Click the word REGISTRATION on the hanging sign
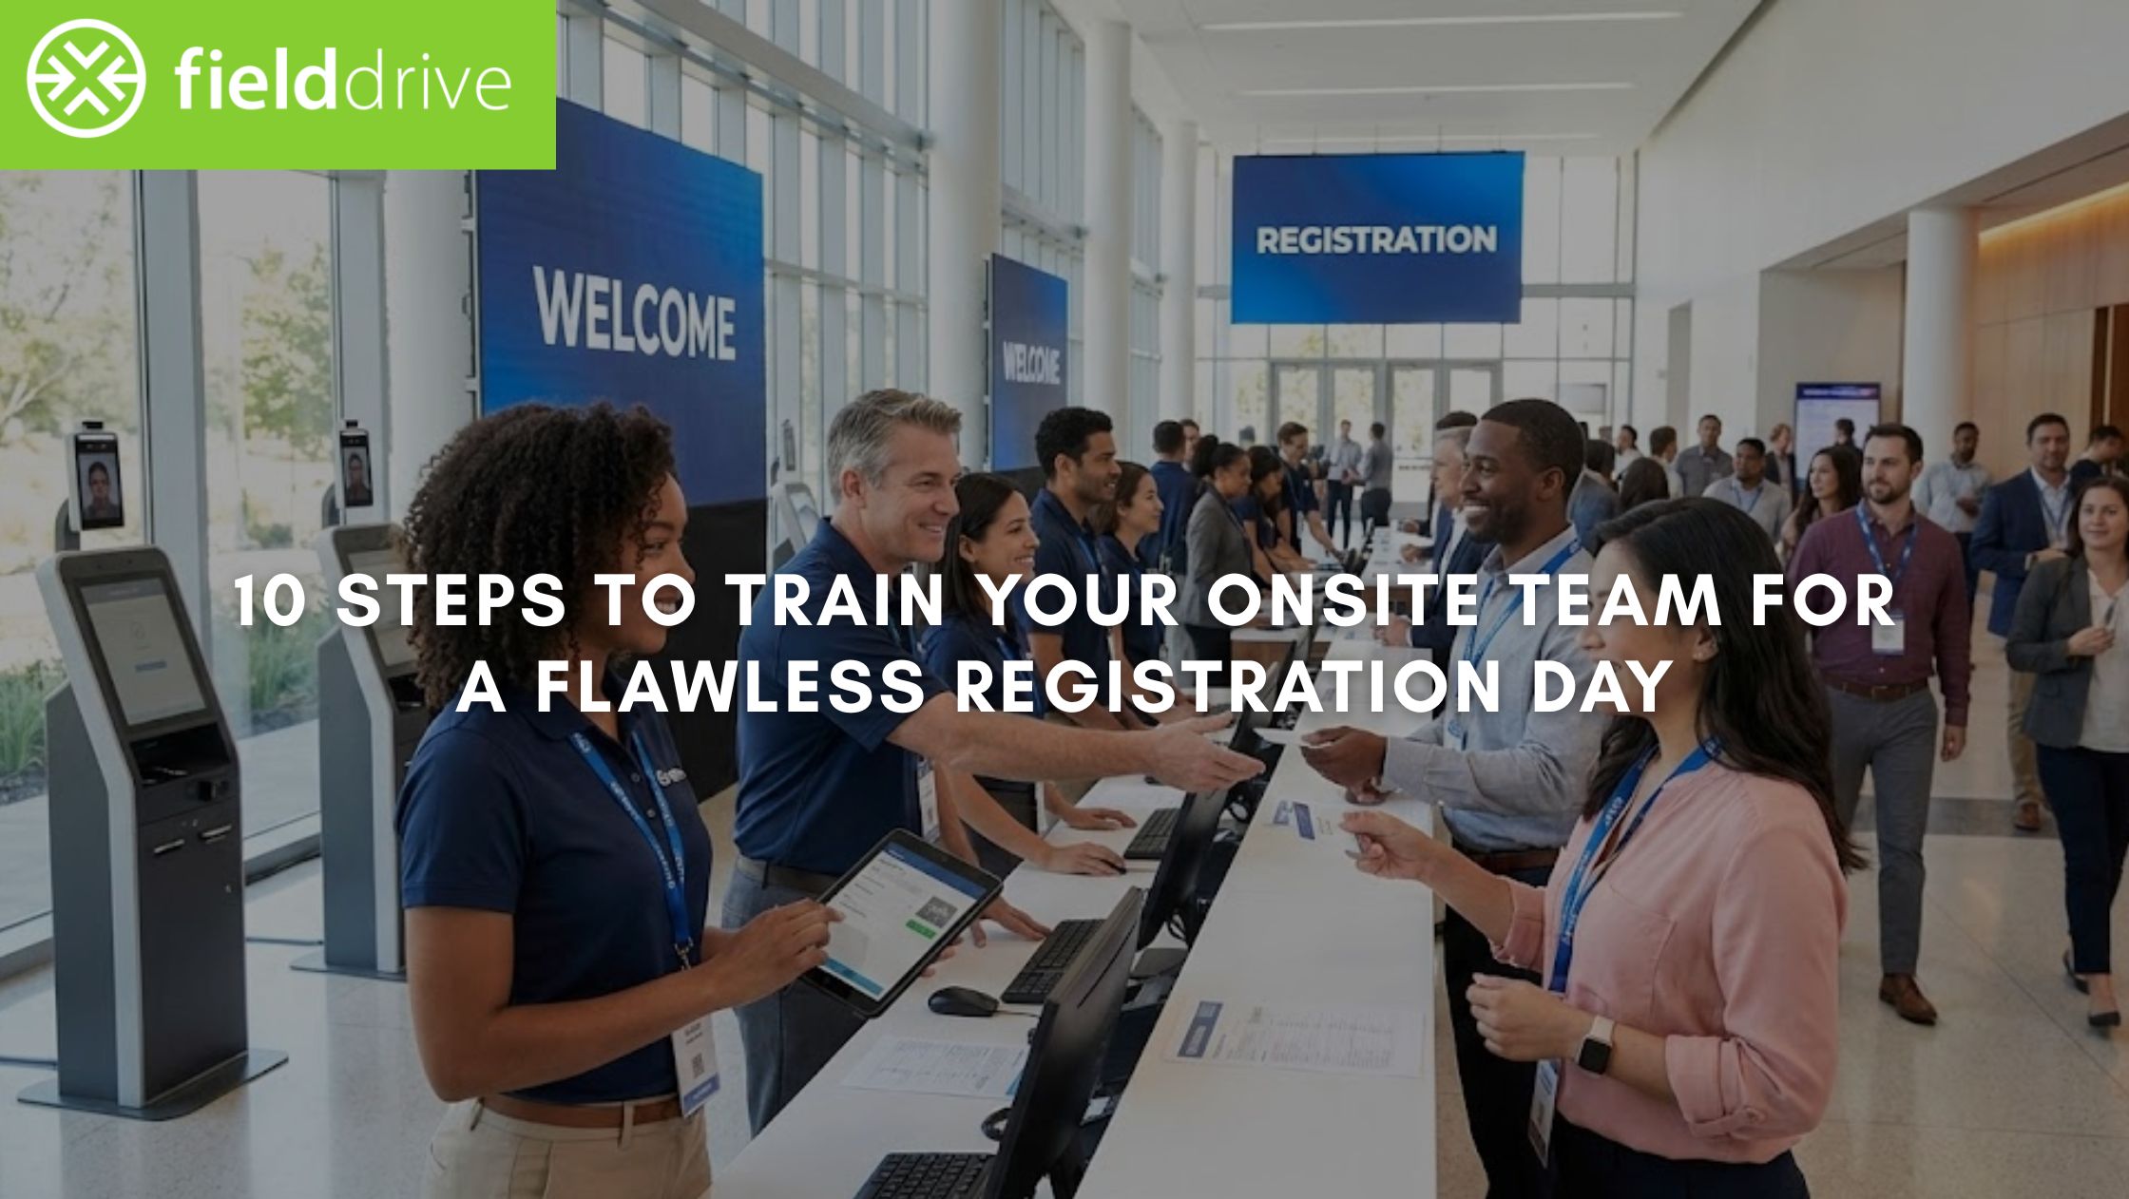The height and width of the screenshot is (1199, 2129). pos(1375,239)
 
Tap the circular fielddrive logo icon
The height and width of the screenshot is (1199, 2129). pos(86,79)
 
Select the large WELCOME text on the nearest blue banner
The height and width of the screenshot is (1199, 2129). pos(634,313)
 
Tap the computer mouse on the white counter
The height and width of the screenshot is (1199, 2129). pos(962,1000)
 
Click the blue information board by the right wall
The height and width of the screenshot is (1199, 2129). pos(1836,418)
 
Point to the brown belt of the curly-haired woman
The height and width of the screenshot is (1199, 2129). pos(580,1112)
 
